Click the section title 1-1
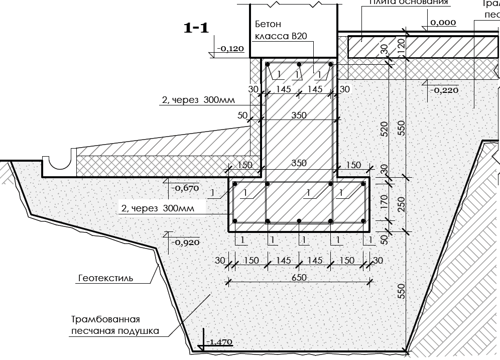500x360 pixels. pyautogui.click(x=196, y=28)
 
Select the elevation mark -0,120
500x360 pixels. pyautogui.click(x=230, y=49)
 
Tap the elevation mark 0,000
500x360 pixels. pyautogui.click(x=443, y=22)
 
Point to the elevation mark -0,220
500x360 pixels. pyautogui.click(x=445, y=90)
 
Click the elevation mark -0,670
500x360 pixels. pyautogui.click(x=185, y=188)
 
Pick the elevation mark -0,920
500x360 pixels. pyautogui.click(x=185, y=242)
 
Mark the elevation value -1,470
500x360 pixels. pyautogui.click(x=219, y=342)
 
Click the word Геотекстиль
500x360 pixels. pyautogui.click(x=106, y=278)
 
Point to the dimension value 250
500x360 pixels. pyautogui.click(x=400, y=203)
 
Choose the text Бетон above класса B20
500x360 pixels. pyautogui.click(x=268, y=24)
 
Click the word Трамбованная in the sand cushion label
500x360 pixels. pyautogui.click(x=104, y=319)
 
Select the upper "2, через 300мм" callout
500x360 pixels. pyautogui.click(x=197, y=100)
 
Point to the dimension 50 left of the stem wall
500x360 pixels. pyautogui.click(x=243, y=115)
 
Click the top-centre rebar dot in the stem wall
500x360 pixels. pyautogui.click(x=299, y=65)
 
